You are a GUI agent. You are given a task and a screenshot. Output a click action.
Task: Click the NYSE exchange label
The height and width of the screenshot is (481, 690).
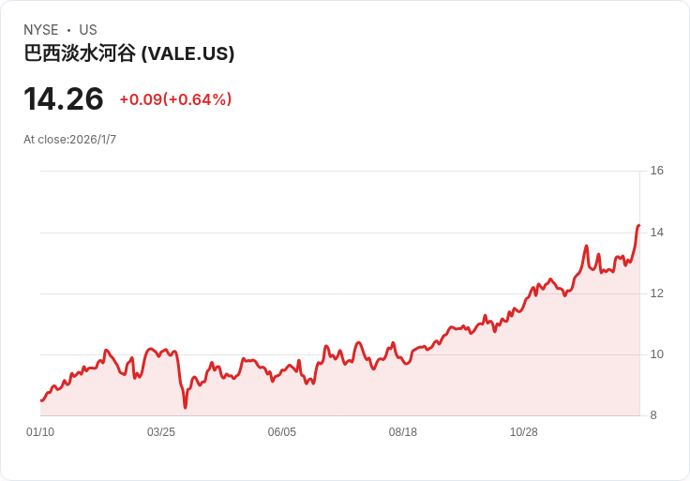pyautogui.click(x=41, y=30)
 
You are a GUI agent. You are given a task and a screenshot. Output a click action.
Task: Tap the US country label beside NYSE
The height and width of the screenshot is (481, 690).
pyautogui.click(x=88, y=30)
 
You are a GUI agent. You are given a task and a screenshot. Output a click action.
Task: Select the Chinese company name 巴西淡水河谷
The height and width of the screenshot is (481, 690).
pyautogui.click(x=80, y=53)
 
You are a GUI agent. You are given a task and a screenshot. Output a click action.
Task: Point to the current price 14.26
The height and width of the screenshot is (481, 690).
pyautogui.click(x=64, y=98)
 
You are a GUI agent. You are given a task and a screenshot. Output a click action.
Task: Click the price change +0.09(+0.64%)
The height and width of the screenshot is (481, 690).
pyautogui.click(x=175, y=99)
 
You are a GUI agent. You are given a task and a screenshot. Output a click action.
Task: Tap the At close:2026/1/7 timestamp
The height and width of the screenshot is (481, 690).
pyautogui.click(x=70, y=140)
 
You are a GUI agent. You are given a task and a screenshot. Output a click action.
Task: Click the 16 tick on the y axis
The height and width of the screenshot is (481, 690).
pyautogui.click(x=656, y=171)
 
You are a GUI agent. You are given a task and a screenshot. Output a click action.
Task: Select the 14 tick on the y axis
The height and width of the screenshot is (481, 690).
pyautogui.click(x=656, y=232)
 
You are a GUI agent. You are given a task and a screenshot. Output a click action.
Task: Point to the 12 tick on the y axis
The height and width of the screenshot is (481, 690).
pyautogui.click(x=656, y=293)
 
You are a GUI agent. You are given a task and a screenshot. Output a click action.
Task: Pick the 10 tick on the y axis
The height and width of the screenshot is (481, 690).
pyautogui.click(x=656, y=354)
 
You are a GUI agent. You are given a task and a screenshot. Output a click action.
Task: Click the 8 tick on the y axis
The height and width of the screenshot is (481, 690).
pyautogui.click(x=653, y=415)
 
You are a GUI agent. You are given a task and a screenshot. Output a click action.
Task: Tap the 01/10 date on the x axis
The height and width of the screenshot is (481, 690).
pyautogui.click(x=40, y=432)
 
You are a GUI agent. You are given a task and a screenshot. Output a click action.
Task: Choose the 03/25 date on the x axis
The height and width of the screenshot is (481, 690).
pyautogui.click(x=161, y=432)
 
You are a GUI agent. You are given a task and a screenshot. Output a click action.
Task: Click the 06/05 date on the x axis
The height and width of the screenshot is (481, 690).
pyautogui.click(x=282, y=432)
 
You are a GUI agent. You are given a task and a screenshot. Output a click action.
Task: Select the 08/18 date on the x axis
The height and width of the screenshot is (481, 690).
pyautogui.click(x=402, y=432)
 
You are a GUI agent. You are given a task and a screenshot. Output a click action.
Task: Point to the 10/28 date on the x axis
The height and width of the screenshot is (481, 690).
pyautogui.click(x=524, y=432)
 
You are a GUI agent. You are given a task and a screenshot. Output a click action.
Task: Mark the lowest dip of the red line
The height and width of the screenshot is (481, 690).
pyautogui.click(x=186, y=408)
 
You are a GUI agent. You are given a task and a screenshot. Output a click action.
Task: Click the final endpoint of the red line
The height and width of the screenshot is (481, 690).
pyautogui.click(x=639, y=225)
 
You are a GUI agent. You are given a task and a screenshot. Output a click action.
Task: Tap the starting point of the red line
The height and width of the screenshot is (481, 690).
pyautogui.click(x=41, y=401)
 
